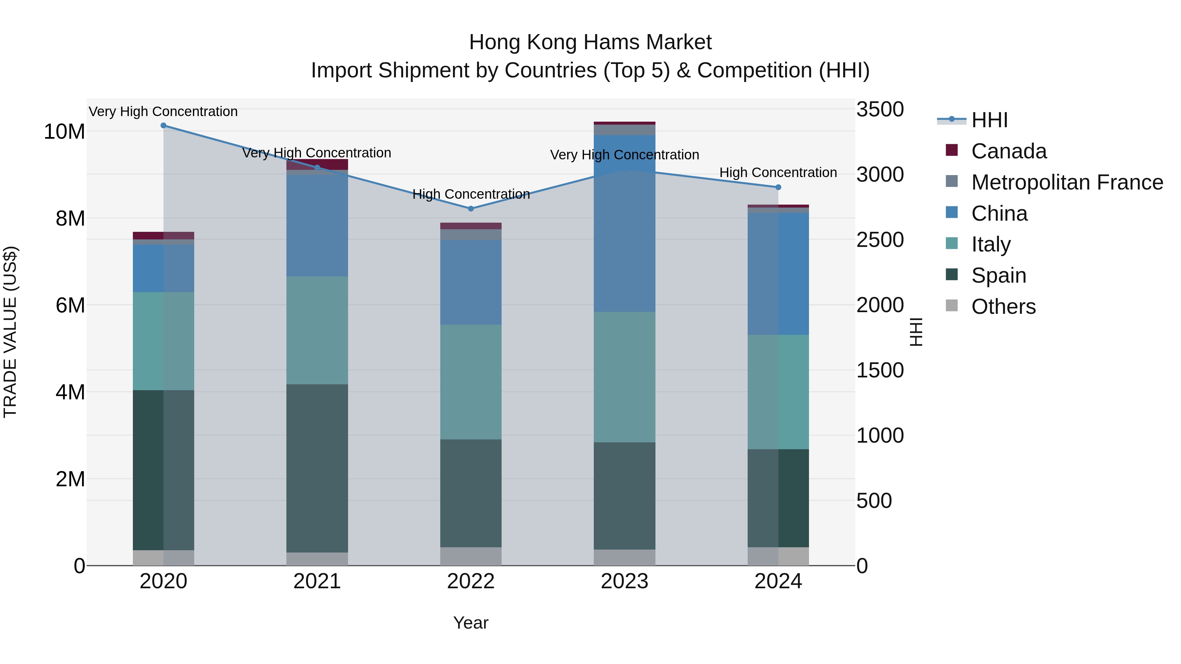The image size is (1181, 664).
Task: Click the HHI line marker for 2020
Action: [x=164, y=126]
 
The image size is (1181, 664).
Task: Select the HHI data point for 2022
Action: [x=471, y=209]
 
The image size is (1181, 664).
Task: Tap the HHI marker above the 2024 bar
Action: [x=778, y=188]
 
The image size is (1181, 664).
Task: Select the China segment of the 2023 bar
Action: [x=624, y=223]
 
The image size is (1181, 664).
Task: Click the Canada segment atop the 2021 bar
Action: [x=317, y=164]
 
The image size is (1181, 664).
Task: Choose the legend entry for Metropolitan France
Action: [x=1067, y=182]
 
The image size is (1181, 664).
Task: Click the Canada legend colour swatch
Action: [x=952, y=150]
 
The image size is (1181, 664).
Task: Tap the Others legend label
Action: [x=1003, y=307]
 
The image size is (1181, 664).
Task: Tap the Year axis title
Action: [x=471, y=623]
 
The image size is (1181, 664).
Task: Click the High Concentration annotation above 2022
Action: [x=471, y=194]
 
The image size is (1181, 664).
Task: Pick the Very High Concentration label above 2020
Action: [x=163, y=112]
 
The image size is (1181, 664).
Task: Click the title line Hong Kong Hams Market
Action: [x=590, y=42]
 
